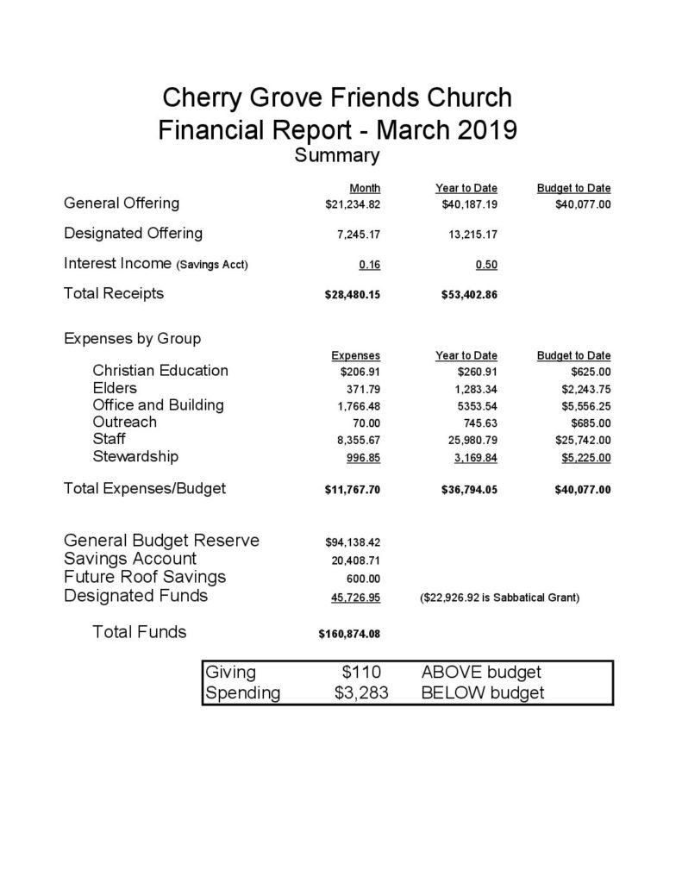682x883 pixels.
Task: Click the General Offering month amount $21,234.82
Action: point(348,204)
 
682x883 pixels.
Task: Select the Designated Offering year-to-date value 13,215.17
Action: point(470,234)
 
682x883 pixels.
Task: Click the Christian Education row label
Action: point(160,371)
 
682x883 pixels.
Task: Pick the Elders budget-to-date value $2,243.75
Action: point(586,389)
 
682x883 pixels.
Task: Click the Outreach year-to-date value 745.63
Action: point(479,423)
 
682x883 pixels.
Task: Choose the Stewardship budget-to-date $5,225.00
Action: point(586,457)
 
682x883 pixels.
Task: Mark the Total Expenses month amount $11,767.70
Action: point(348,490)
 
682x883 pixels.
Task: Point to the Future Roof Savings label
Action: point(145,576)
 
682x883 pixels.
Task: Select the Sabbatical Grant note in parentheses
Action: point(499,597)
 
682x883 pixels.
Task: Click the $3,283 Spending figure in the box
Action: point(358,693)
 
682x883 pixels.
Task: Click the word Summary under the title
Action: point(337,156)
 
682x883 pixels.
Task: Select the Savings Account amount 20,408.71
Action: point(354,560)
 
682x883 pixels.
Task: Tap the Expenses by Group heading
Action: point(133,338)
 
